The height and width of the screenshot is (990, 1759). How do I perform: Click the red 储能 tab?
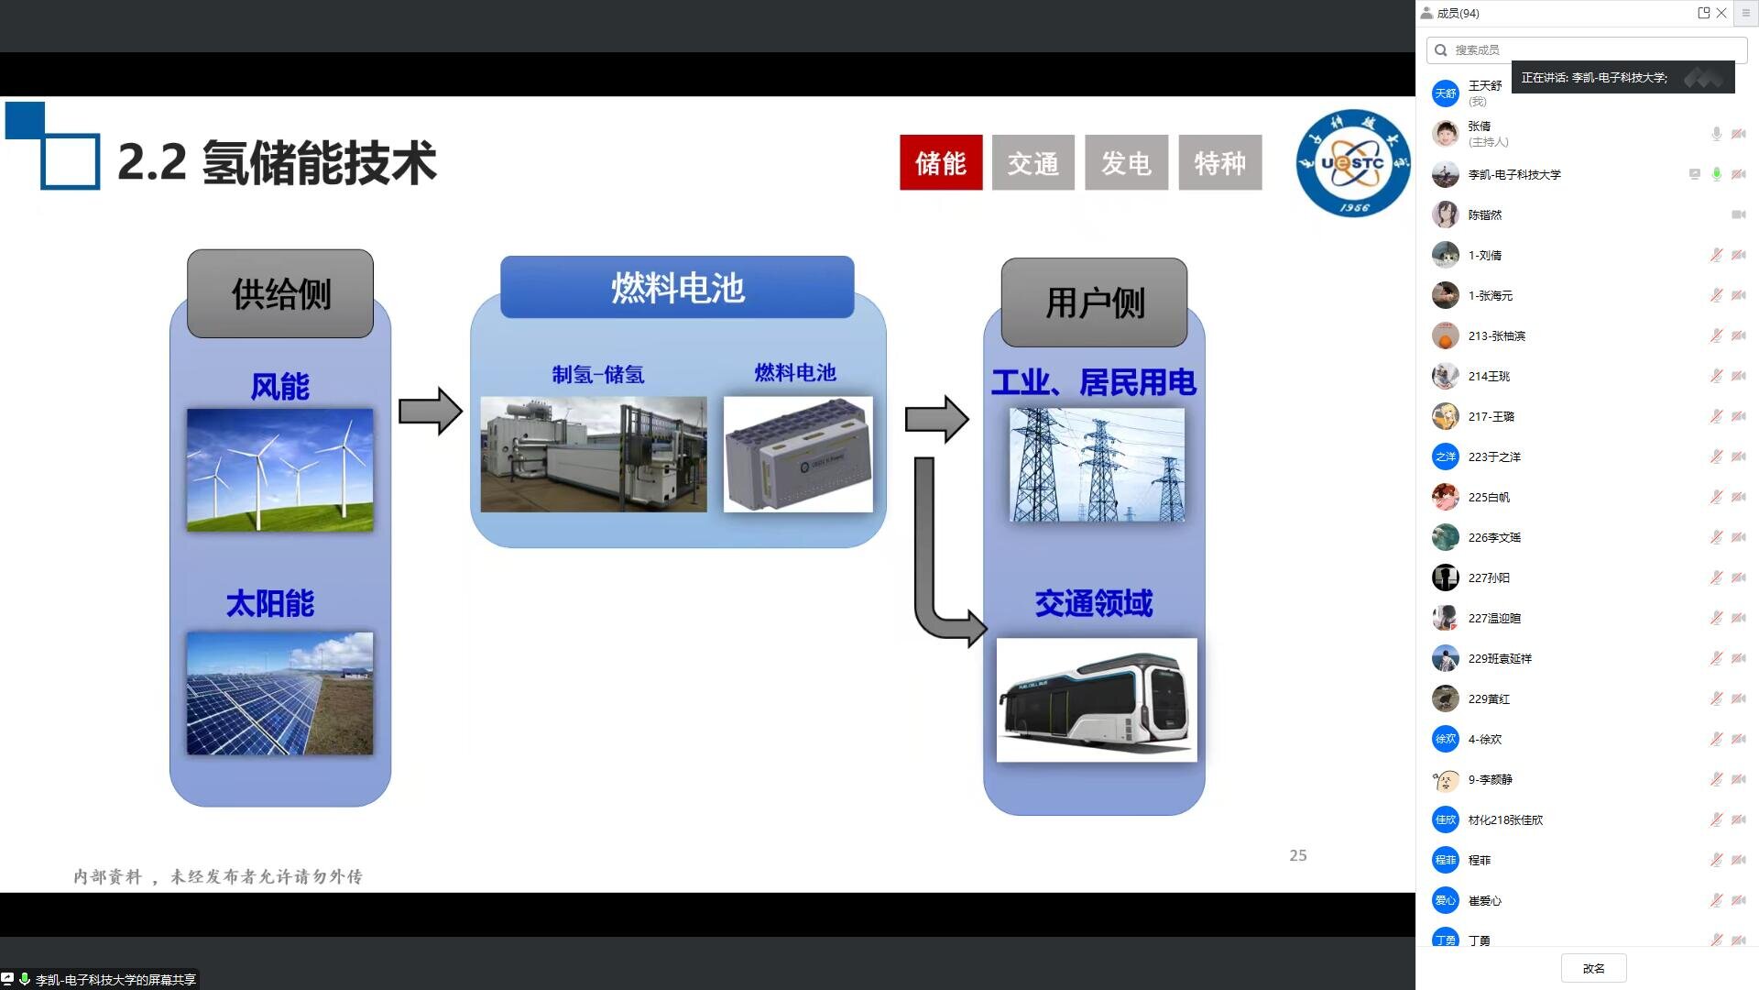click(x=941, y=163)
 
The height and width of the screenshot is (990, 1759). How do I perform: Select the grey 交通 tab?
click(x=1033, y=163)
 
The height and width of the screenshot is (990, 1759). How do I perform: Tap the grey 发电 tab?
click(x=1126, y=163)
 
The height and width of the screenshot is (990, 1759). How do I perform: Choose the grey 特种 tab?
click(x=1219, y=163)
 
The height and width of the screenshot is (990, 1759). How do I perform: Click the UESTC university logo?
click(x=1353, y=163)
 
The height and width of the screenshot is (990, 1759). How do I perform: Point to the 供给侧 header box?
click(x=280, y=294)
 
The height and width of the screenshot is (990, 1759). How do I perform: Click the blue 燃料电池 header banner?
click(x=677, y=288)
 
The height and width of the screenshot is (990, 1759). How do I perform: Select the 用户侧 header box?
click(x=1094, y=302)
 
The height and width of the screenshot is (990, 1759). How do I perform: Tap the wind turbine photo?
click(x=280, y=469)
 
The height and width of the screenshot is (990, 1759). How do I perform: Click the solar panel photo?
click(x=280, y=693)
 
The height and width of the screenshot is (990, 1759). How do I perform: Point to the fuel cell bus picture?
click(x=1097, y=699)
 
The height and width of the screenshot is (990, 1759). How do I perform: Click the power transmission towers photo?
click(x=1097, y=465)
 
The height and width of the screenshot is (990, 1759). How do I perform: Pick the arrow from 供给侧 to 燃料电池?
click(x=430, y=411)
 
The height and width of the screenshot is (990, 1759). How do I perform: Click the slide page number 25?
click(x=1298, y=855)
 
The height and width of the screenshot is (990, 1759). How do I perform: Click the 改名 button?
click(x=1593, y=968)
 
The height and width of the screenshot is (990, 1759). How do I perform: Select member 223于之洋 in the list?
click(x=1494, y=456)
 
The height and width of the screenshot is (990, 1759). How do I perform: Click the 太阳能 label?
click(x=270, y=603)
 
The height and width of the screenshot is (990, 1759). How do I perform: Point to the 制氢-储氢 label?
click(x=598, y=374)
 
